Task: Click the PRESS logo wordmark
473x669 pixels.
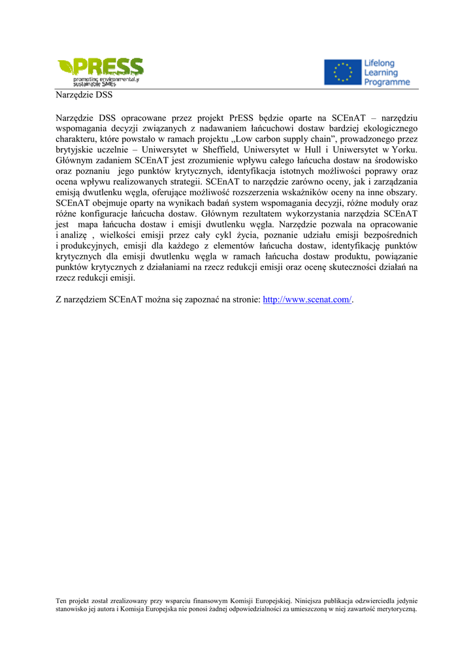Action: (x=108, y=67)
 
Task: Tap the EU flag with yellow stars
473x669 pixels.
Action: (x=342, y=73)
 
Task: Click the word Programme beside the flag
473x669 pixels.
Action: (x=387, y=82)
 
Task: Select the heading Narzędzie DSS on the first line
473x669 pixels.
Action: (x=84, y=95)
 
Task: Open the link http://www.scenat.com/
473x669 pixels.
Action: (x=307, y=299)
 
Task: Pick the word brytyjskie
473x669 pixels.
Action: (x=75, y=150)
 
